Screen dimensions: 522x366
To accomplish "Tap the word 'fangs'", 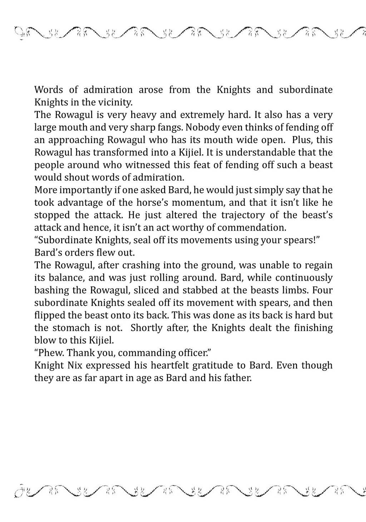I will point(169,127).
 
